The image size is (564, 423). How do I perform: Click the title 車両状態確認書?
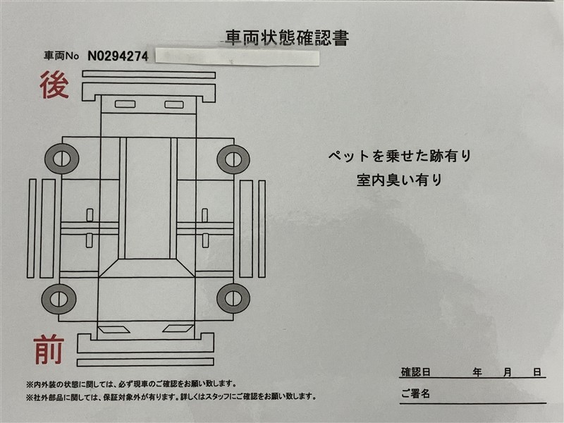(287, 37)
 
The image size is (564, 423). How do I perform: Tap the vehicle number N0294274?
(118, 56)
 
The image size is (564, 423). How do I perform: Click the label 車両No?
(61, 56)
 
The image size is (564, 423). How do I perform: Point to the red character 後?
(54, 85)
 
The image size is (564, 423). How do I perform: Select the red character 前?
(49, 349)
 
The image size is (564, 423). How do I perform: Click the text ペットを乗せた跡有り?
(400, 156)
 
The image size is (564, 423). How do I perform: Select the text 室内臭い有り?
(399, 180)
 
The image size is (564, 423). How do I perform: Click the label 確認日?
(416, 372)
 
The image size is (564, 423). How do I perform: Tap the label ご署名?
(415, 393)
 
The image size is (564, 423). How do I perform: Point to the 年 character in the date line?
(477, 372)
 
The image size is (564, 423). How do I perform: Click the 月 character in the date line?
(507, 372)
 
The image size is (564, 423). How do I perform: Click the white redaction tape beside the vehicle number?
(238, 57)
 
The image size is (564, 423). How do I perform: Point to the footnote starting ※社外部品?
(171, 397)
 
